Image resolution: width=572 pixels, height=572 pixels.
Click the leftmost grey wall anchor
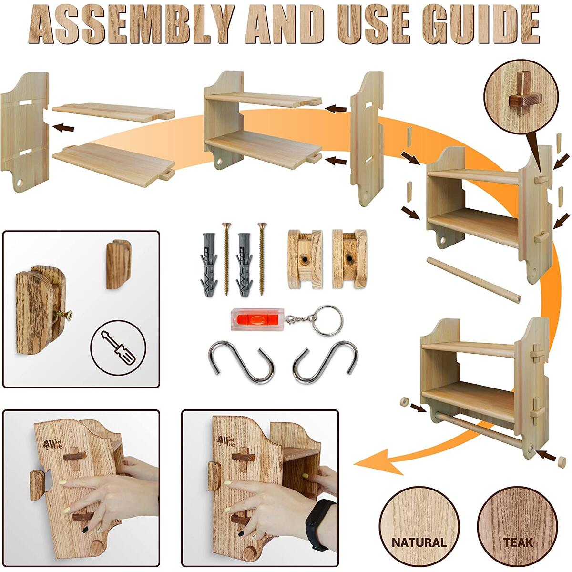coord(206,262)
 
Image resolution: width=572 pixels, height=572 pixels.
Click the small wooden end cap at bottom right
coord(561,461)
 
